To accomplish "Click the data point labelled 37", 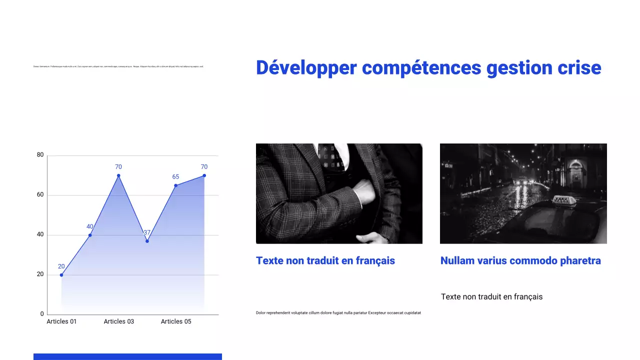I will [147, 241].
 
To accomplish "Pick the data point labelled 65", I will [175, 185].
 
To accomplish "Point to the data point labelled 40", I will [90, 235].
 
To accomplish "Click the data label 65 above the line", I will [175, 177].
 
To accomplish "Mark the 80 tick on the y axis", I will [40, 155].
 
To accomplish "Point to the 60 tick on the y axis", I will [40, 195].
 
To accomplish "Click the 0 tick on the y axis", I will [42, 314].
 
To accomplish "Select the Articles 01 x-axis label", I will [61, 321].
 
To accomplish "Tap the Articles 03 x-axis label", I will [118, 321].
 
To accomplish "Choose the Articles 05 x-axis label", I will [176, 321].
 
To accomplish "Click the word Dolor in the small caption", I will [261, 313].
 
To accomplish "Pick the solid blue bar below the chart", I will [127, 356].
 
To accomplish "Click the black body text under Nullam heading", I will [491, 297].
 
